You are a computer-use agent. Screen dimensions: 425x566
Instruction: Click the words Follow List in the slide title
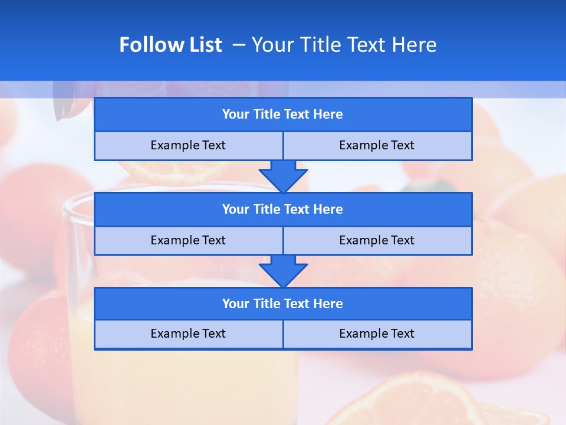click(x=170, y=45)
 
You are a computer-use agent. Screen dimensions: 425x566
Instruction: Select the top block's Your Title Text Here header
click(x=282, y=115)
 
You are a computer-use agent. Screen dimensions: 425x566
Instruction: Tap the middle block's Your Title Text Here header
click(x=282, y=209)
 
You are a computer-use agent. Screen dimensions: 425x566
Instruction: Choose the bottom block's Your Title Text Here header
click(x=282, y=303)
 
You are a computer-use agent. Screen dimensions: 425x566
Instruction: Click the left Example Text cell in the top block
click(x=188, y=145)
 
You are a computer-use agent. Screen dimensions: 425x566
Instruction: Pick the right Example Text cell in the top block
click(x=377, y=145)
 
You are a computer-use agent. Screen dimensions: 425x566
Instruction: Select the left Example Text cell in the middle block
click(x=188, y=240)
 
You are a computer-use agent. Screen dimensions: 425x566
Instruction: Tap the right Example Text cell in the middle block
click(x=377, y=240)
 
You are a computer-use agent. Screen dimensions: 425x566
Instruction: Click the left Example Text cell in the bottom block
click(x=188, y=334)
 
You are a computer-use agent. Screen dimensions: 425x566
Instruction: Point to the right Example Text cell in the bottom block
click(x=377, y=334)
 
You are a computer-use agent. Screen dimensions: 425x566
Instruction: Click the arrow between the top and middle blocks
click(x=283, y=176)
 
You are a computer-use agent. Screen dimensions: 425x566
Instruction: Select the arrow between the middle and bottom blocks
click(x=283, y=271)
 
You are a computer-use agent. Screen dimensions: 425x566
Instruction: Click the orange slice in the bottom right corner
click(x=424, y=401)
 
